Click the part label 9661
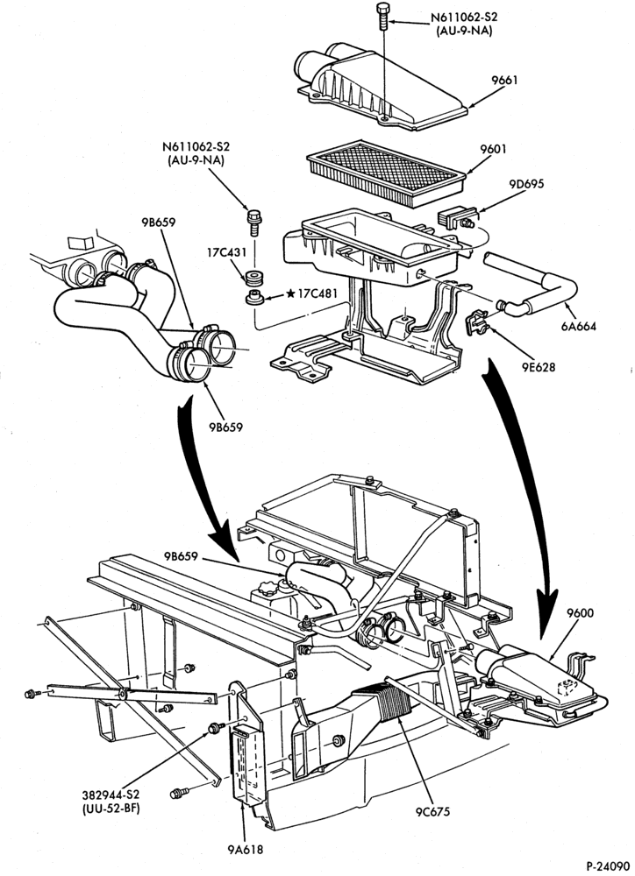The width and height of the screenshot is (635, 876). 504,80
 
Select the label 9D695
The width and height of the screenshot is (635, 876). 526,184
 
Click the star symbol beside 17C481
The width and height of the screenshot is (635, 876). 290,293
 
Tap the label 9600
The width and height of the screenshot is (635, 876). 579,613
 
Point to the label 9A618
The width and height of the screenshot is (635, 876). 245,851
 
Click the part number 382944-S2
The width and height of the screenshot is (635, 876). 111,795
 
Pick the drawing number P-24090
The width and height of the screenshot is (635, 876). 610,866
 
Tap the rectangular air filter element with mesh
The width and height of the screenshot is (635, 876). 387,173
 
